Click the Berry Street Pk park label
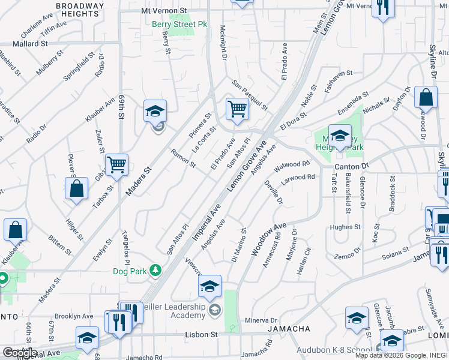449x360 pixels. click(x=179, y=25)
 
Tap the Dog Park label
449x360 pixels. click(x=130, y=271)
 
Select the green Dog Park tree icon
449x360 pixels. click(x=155, y=271)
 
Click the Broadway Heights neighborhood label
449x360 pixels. click(x=79, y=10)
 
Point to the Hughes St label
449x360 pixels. click(x=345, y=227)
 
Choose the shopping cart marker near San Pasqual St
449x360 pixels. click(x=237, y=109)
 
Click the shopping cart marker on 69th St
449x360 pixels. click(x=116, y=164)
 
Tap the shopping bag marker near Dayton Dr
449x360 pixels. click(x=426, y=98)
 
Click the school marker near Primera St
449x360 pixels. click(x=155, y=111)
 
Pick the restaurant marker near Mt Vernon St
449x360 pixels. click(x=382, y=8)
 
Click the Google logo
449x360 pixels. click(x=20, y=353)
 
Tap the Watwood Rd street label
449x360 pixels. click(x=292, y=164)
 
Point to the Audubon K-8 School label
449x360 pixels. click(x=335, y=350)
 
